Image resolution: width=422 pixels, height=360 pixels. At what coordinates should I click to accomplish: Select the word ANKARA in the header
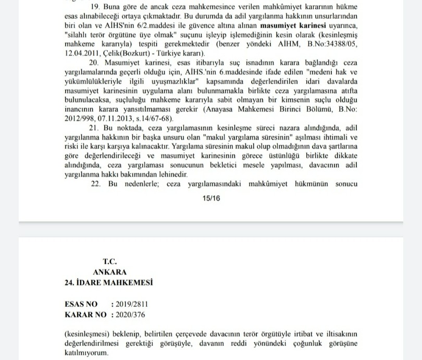[x=109, y=271]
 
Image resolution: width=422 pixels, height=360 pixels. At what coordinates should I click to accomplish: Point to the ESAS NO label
[x=82, y=304]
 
